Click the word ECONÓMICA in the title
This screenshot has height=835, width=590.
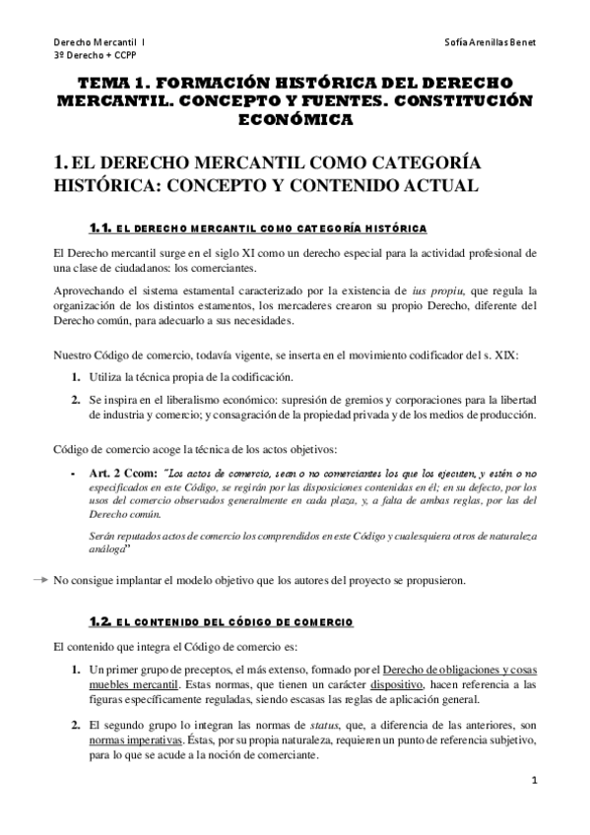pyautogui.click(x=295, y=119)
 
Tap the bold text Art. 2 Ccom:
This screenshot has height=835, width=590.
pyautogui.click(x=121, y=473)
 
